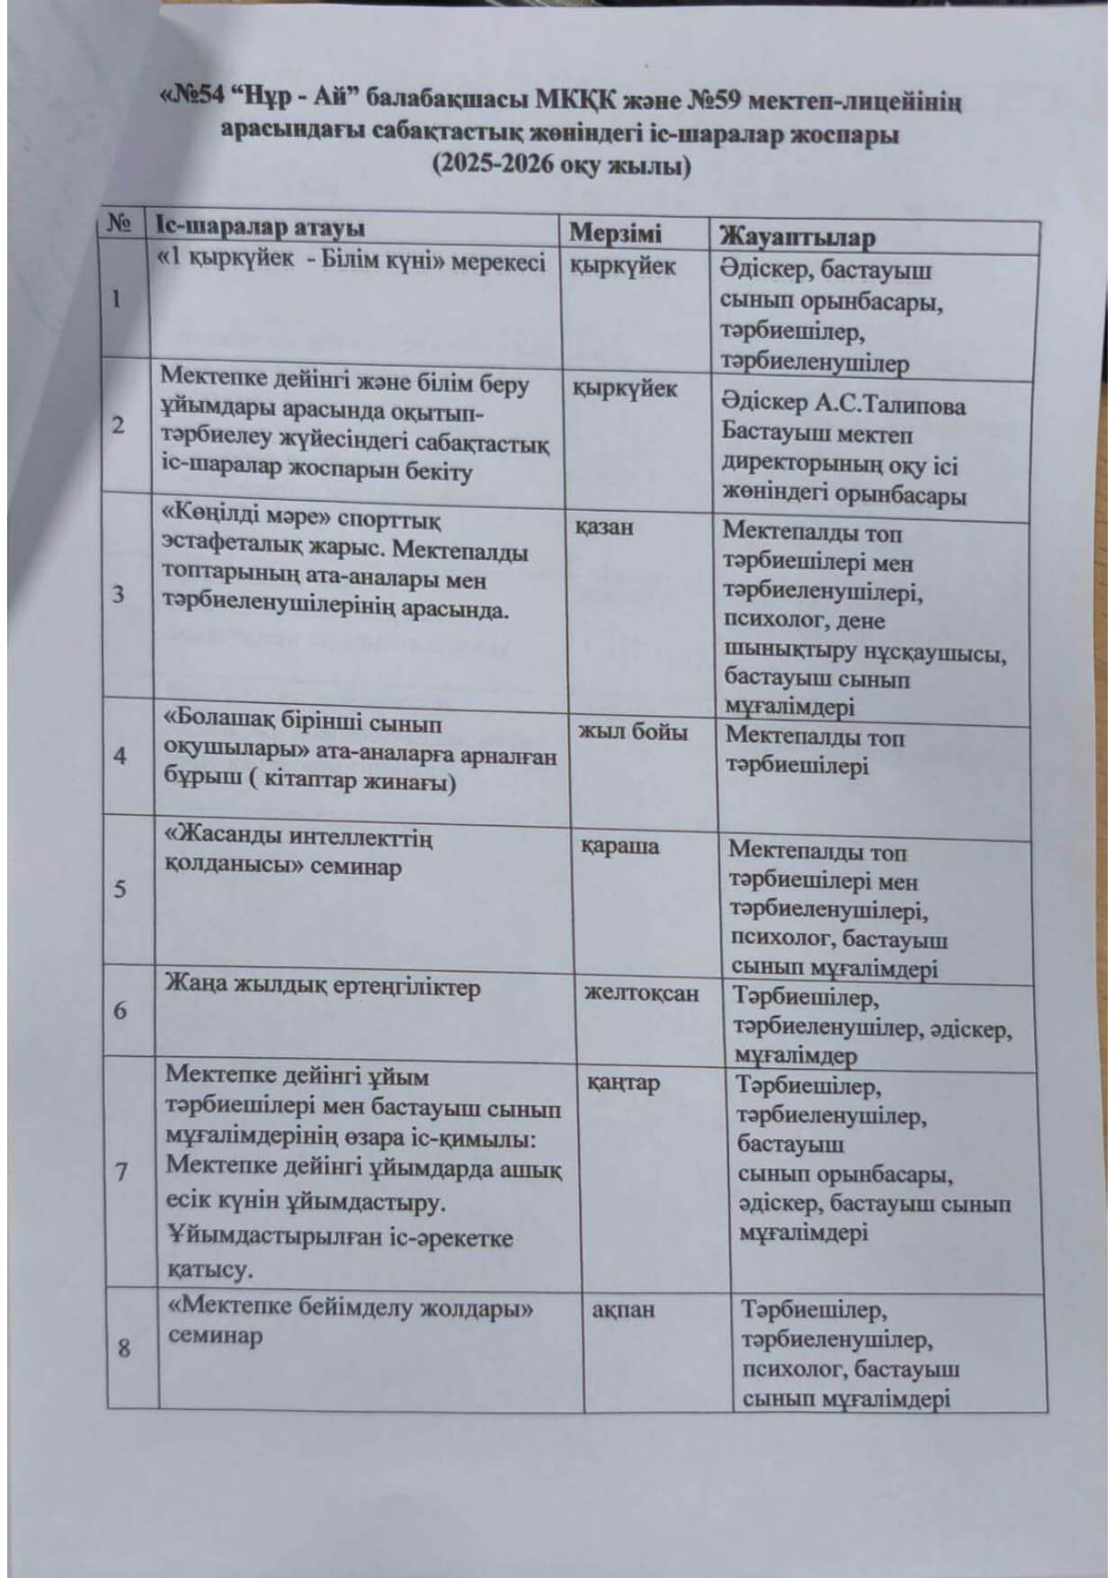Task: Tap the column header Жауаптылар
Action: coord(797,237)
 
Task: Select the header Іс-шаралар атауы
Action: coord(260,227)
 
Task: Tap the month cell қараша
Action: coord(620,847)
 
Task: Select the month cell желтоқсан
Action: coord(641,994)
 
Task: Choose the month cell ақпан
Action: coord(623,1310)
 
